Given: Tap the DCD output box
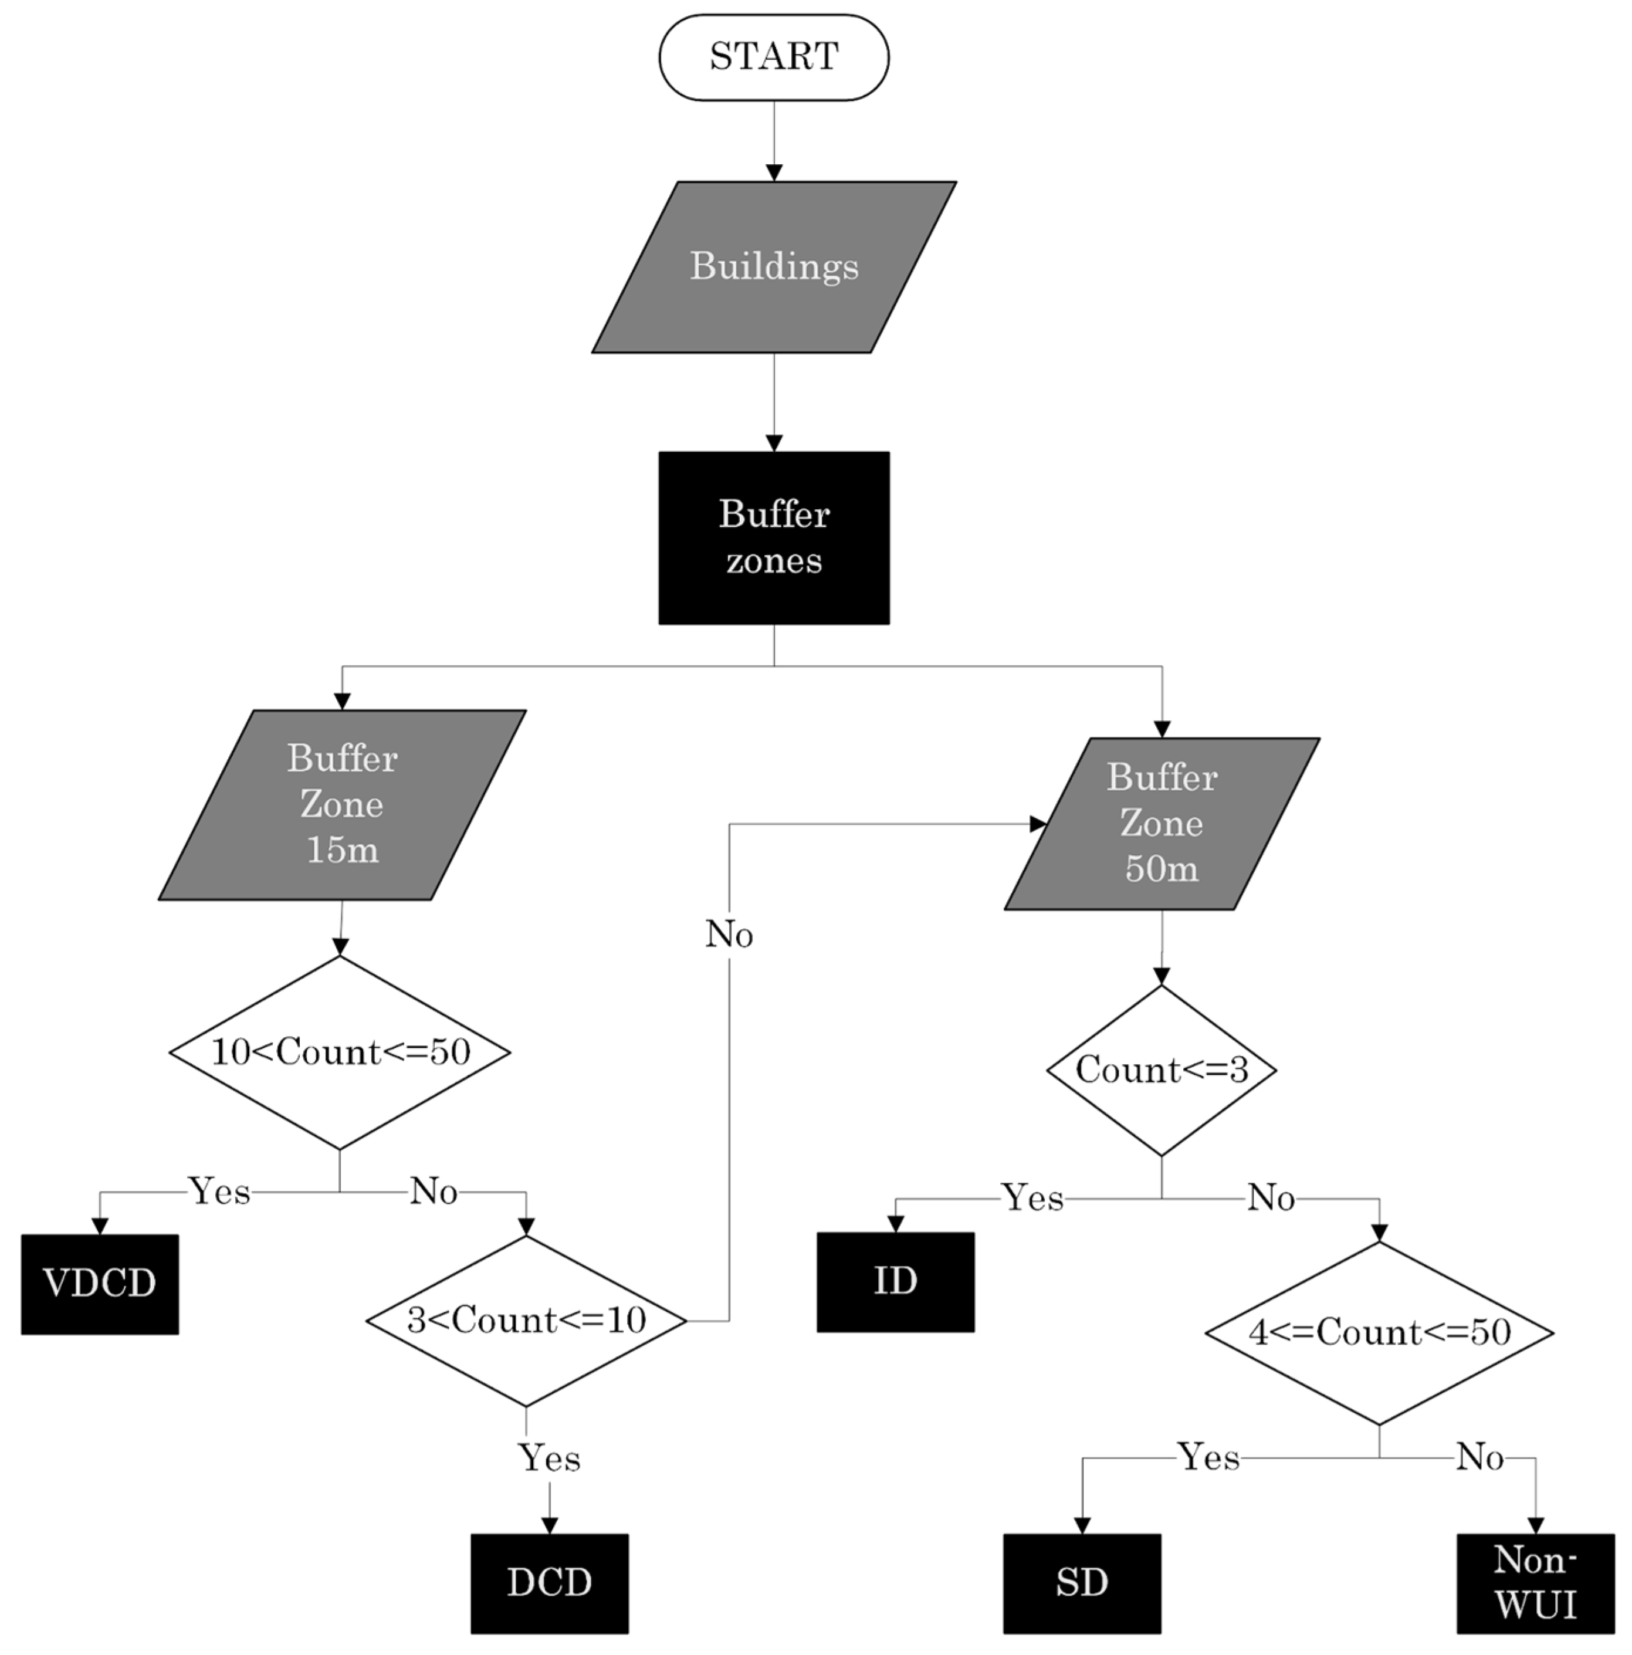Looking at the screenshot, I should (x=548, y=1582).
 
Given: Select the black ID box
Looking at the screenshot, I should (x=895, y=1281).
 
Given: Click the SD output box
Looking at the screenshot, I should (x=1081, y=1582).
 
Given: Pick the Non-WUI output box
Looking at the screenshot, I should (x=1535, y=1582).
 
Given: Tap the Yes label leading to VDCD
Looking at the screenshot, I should (x=219, y=1191).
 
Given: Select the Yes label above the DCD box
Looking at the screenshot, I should (x=549, y=1457).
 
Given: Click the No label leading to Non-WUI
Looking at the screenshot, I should (x=1479, y=1456).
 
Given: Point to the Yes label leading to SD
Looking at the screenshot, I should (x=1208, y=1456).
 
